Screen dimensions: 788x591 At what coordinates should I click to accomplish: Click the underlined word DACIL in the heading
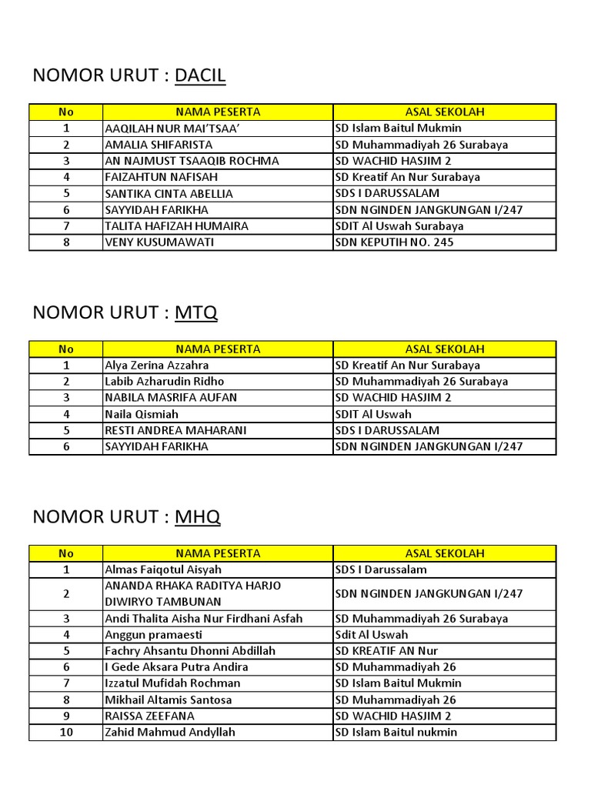pyautogui.click(x=200, y=75)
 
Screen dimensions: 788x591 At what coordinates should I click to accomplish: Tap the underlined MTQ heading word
pyautogui.click(x=196, y=312)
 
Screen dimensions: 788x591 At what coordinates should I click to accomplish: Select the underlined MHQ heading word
pyautogui.click(x=198, y=517)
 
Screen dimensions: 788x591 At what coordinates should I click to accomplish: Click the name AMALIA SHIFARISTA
pyautogui.click(x=159, y=145)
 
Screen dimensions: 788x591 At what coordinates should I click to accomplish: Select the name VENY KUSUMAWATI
pyautogui.click(x=159, y=242)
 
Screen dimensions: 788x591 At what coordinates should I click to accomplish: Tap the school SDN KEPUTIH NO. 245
pyautogui.click(x=395, y=242)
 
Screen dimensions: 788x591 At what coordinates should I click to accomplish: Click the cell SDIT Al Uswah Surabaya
pyautogui.click(x=399, y=226)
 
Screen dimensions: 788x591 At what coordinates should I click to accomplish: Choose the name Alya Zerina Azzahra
pyautogui.click(x=157, y=366)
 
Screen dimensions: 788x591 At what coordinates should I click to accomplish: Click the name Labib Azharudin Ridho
pyautogui.click(x=165, y=382)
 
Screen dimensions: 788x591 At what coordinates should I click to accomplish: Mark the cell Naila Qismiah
pyautogui.click(x=142, y=414)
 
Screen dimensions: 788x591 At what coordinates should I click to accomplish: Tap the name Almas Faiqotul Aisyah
pyautogui.click(x=163, y=570)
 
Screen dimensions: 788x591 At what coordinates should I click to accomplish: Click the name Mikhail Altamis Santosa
pyautogui.click(x=169, y=700)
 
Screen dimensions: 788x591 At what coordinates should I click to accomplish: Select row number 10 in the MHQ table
pyautogui.click(x=66, y=733)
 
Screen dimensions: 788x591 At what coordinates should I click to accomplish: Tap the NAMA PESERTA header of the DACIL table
pyautogui.click(x=218, y=112)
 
